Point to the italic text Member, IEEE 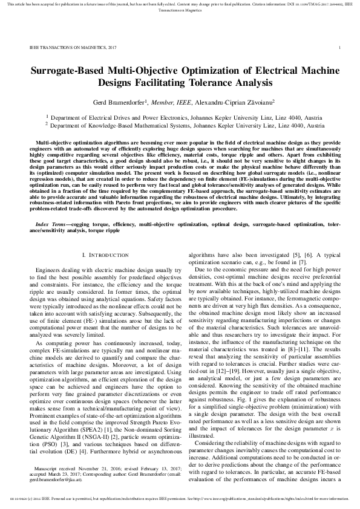(171, 103)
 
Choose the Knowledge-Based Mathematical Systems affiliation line (180, 127)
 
